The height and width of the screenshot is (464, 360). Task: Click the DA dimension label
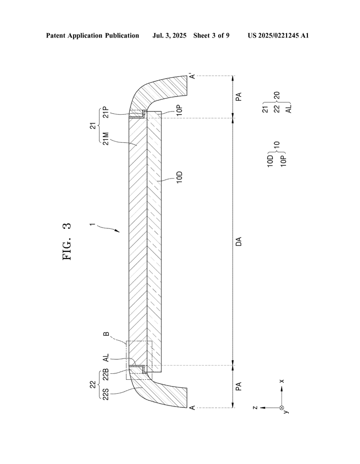[239, 241]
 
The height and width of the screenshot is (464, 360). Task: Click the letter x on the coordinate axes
[282, 381]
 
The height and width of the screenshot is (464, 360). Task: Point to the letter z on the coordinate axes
[256, 408]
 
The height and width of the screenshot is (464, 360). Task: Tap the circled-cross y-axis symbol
[282, 408]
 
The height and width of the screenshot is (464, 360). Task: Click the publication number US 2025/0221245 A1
[278, 35]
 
